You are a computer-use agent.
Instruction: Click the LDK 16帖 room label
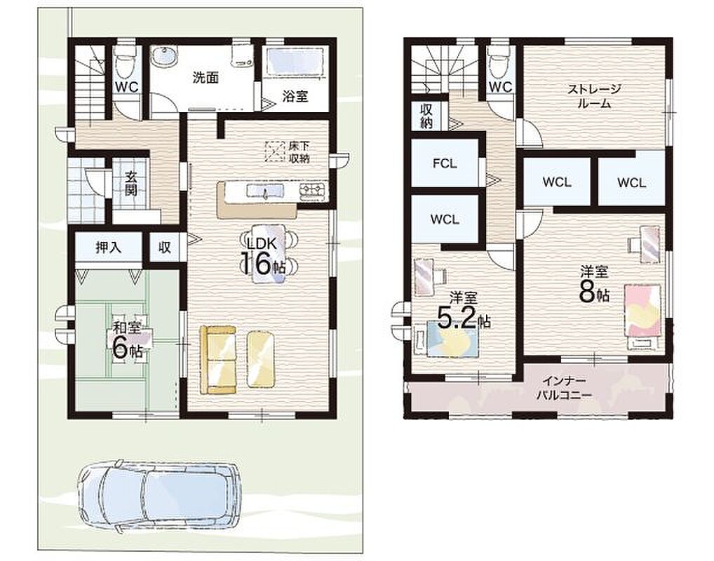click(264, 257)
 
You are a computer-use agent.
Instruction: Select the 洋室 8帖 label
click(594, 285)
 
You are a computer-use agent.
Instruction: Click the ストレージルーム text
click(594, 96)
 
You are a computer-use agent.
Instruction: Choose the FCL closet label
click(445, 163)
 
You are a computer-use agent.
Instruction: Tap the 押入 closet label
click(109, 248)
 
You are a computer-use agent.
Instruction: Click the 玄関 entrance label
click(130, 183)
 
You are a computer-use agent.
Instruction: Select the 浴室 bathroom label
click(295, 96)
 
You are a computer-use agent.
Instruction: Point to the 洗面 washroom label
click(206, 78)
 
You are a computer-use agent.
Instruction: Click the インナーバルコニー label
click(564, 388)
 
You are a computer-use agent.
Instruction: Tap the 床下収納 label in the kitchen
click(299, 153)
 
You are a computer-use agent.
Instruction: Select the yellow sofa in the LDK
click(218, 359)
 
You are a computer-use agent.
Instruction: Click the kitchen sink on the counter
click(265, 191)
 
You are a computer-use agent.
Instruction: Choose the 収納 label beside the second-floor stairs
click(426, 116)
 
